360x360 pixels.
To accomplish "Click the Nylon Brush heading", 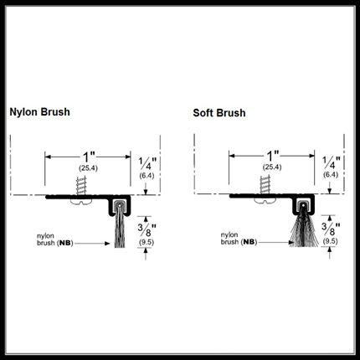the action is (39, 112).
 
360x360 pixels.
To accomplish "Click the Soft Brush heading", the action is (219, 113).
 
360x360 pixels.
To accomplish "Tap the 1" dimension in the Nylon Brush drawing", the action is (89, 157).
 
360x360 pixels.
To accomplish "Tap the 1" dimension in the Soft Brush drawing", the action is (273, 156).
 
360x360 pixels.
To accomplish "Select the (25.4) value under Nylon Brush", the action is (88, 168).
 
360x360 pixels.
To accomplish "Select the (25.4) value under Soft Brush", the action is (272, 167).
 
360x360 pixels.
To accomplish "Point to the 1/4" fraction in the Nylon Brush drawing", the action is (147, 164).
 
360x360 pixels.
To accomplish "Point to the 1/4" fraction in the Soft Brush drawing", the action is (332, 162).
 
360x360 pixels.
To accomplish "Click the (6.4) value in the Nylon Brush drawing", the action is (147, 176).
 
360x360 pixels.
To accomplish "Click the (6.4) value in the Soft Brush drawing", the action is (331, 175).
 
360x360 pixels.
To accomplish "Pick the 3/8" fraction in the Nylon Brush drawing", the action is (147, 230).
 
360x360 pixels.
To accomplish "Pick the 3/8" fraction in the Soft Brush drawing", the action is (331, 229).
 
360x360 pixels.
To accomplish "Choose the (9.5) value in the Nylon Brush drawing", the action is (147, 243).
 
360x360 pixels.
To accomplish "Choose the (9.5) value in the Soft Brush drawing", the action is (331, 241).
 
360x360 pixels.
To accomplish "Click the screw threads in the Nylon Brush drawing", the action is (81, 185).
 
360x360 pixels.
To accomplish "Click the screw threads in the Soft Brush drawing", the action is (265, 184).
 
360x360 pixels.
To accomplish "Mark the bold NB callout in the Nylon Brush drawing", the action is (65, 244).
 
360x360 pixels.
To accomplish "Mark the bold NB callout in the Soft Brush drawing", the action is (249, 242).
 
